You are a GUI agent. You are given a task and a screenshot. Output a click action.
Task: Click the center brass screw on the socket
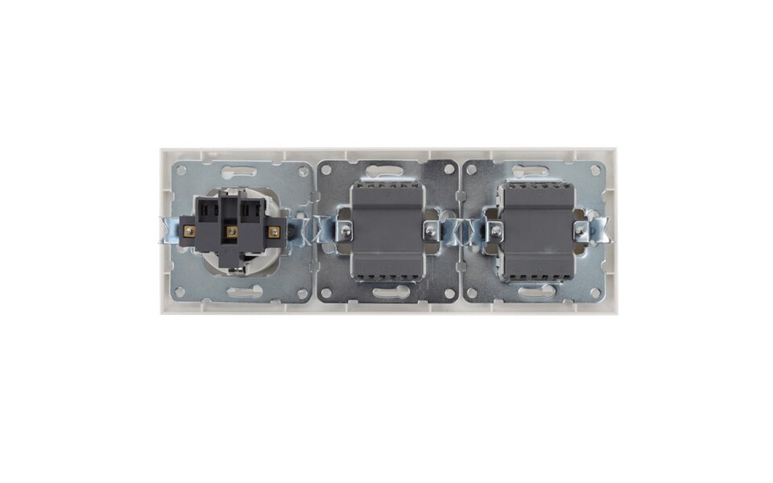pos(231,232)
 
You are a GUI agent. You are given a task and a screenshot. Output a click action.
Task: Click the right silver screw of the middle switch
pos(430,232)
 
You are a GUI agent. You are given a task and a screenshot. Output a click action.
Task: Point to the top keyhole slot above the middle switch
pos(388,170)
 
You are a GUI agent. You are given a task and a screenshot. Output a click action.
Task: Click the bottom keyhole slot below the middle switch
pos(388,293)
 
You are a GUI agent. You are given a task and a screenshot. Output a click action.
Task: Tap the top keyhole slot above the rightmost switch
pos(536,171)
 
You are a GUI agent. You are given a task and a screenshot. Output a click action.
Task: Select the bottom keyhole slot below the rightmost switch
pos(536,292)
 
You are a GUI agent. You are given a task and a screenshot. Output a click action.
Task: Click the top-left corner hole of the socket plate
pos(179,171)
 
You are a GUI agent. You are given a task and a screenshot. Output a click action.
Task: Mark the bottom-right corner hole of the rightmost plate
pos(597,291)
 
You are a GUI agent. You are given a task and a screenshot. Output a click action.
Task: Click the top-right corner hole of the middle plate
pos(449,171)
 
